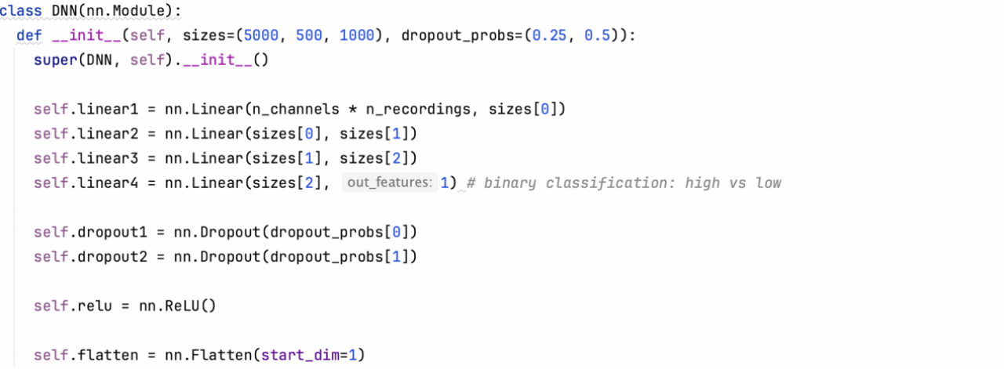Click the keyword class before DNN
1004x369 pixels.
coord(21,12)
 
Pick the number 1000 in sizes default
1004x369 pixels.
coord(358,36)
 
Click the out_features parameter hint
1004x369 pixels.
coord(389,183)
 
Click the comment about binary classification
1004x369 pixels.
coord(624,183)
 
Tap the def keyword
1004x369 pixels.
coord(29,36)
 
